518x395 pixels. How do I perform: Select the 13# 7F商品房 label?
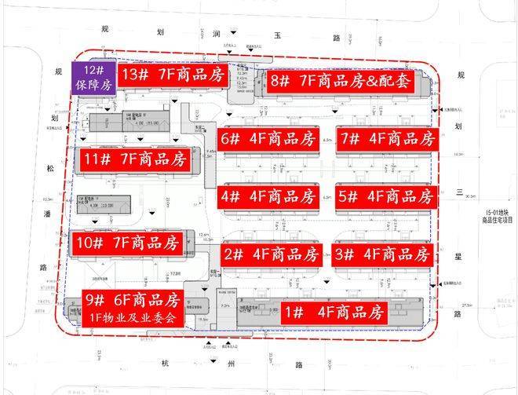(x=173, y=75)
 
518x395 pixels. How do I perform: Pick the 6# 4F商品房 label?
(x=267, y=139)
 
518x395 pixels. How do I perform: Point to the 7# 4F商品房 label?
(x=387, y=139)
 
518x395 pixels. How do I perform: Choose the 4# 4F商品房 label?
(x=268, y=196)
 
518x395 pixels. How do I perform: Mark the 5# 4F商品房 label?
(x=385, y=196)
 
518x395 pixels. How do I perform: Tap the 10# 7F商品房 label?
(x=128, y=241)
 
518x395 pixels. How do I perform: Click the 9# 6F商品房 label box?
(x=133, y=309)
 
